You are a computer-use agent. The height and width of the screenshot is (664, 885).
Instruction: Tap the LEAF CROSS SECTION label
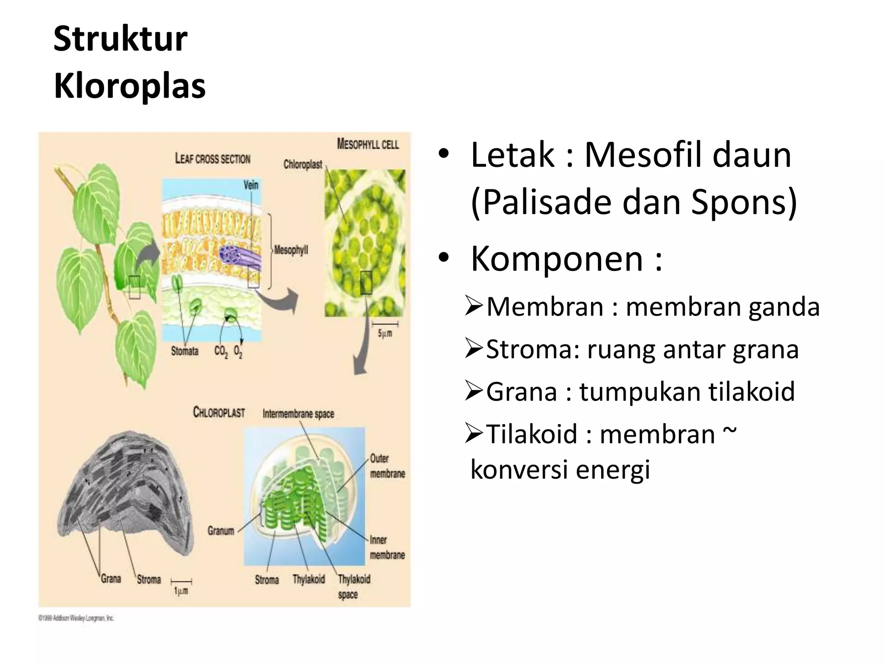(213, 159)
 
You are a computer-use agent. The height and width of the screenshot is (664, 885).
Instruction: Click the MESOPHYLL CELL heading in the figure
(368, 144)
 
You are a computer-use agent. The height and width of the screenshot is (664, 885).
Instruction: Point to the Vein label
(251, 185)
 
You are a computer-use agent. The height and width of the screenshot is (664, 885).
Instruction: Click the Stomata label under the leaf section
(185, 351)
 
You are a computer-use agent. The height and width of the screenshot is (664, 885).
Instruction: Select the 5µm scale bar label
(385, 333)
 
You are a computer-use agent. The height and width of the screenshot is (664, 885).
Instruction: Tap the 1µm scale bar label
(181, 591)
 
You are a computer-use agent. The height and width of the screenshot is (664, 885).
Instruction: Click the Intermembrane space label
(298, 414)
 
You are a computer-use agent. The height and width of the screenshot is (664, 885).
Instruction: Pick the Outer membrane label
(387, 466)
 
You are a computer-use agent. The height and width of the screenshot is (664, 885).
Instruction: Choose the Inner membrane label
(387, 547)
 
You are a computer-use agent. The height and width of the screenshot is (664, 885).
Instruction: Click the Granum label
(220, 530)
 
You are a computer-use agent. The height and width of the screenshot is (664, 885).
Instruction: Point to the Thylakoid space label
(353, 586)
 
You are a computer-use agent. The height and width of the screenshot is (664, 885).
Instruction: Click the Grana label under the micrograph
(111, 578)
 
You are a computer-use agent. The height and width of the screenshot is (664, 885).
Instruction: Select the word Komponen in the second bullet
(557, 259)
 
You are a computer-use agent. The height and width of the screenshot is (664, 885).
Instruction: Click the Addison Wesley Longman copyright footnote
(76, 618)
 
